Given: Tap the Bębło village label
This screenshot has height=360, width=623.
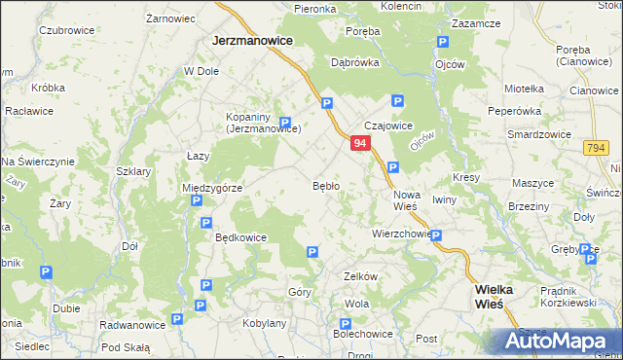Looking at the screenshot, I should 325,185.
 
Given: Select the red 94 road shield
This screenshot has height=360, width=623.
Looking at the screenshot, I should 360,143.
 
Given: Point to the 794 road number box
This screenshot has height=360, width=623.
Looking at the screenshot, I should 597,147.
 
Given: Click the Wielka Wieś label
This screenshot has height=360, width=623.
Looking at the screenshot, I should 501,296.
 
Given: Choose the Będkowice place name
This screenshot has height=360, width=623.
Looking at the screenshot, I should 240,236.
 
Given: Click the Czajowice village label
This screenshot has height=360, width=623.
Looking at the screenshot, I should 388,126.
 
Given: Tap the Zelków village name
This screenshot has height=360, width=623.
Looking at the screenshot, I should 360,276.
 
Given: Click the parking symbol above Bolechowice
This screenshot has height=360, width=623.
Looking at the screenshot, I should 345,323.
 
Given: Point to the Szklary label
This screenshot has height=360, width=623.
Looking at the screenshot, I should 133,171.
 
